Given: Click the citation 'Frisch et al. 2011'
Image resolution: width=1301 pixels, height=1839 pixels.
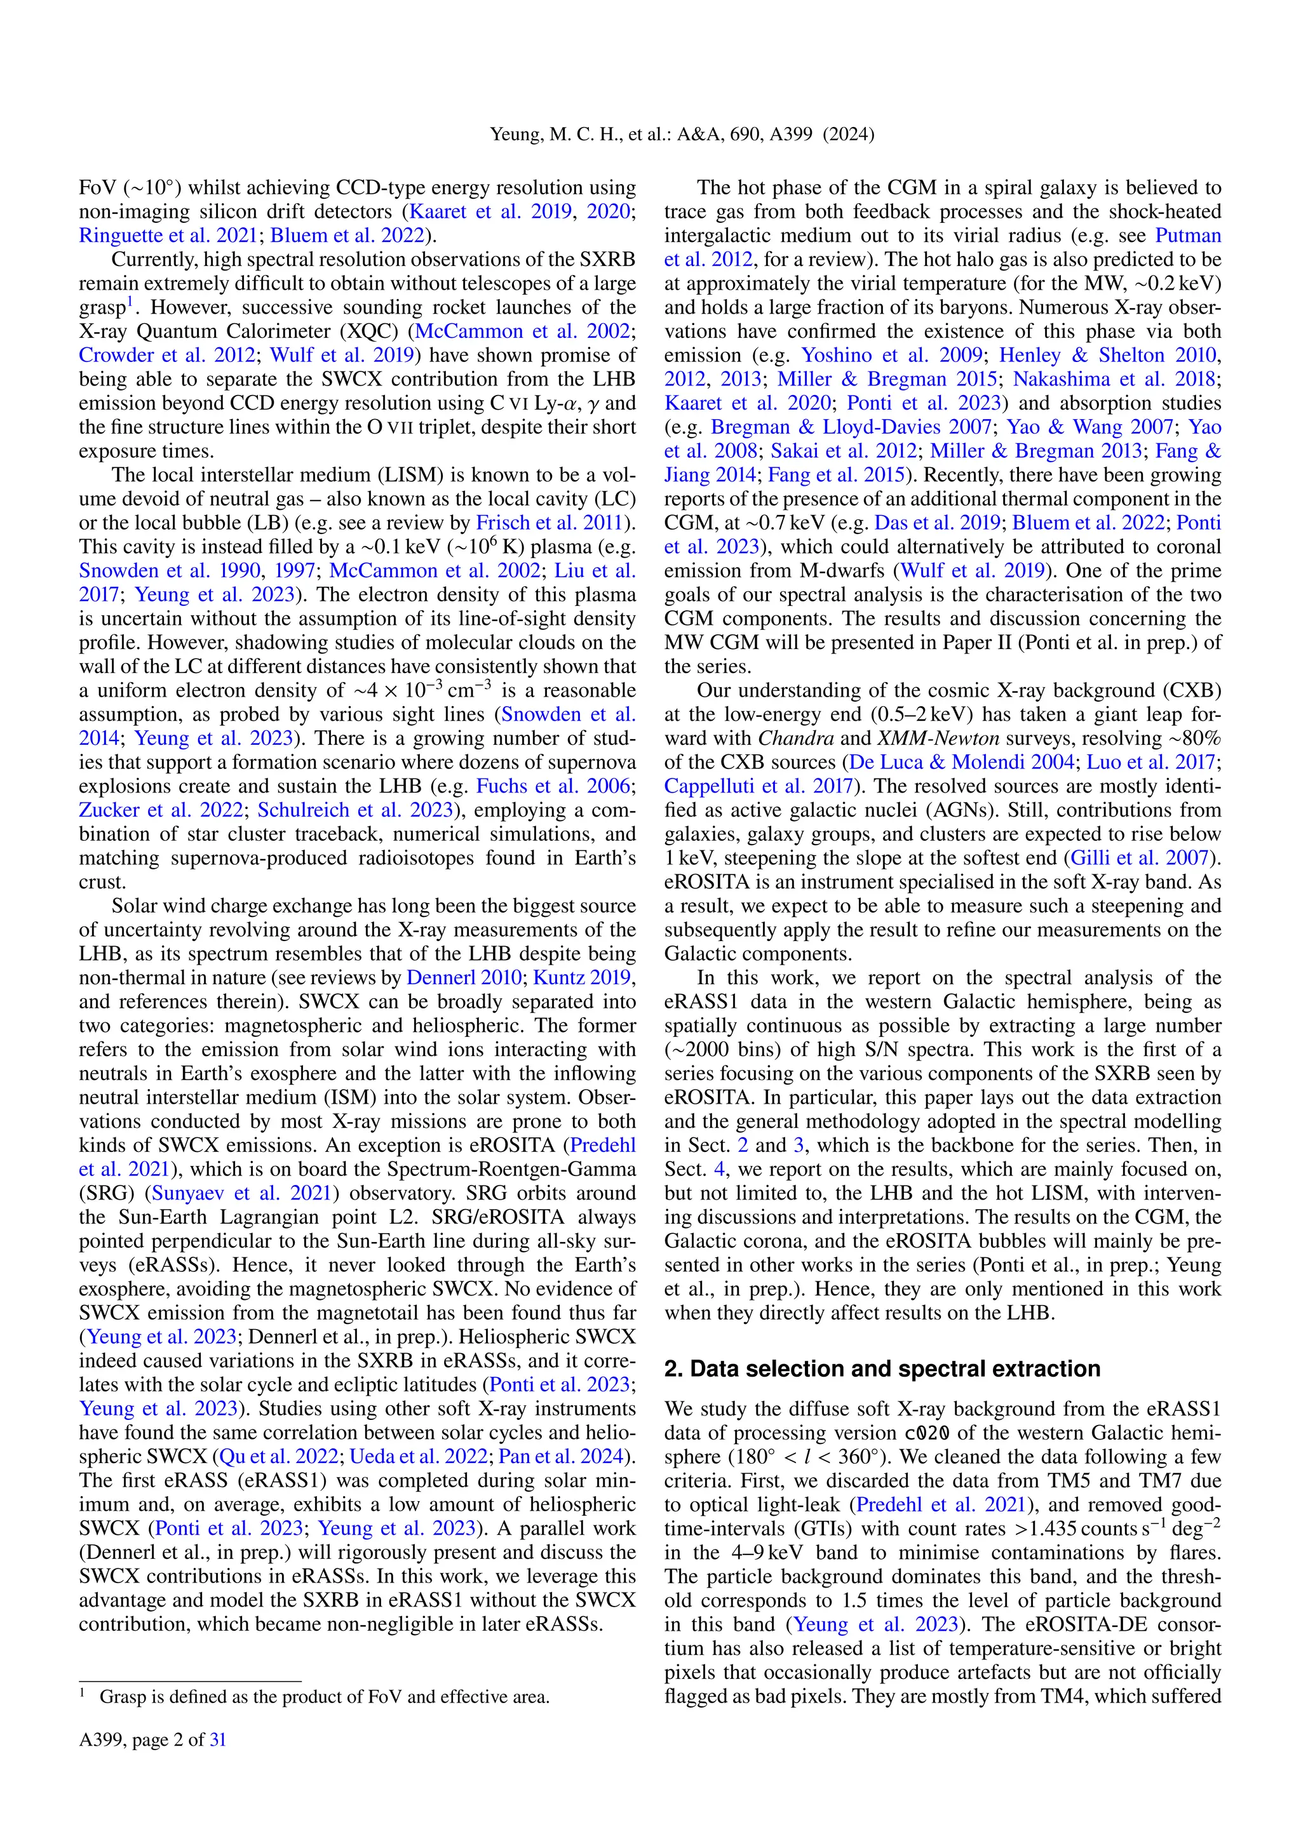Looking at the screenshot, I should coord(549,523).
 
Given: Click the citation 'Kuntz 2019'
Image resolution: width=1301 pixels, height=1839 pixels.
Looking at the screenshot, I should coord(583,978).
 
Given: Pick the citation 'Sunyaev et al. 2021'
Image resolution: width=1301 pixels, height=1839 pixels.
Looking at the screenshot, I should coord(241,1193).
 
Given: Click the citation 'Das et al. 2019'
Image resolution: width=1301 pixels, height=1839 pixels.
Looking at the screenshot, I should coord(937,523).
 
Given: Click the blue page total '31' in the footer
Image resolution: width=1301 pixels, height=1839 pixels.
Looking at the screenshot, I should coord(217,1740).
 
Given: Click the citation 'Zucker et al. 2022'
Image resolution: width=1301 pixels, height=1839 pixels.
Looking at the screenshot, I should coord(160,810).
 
